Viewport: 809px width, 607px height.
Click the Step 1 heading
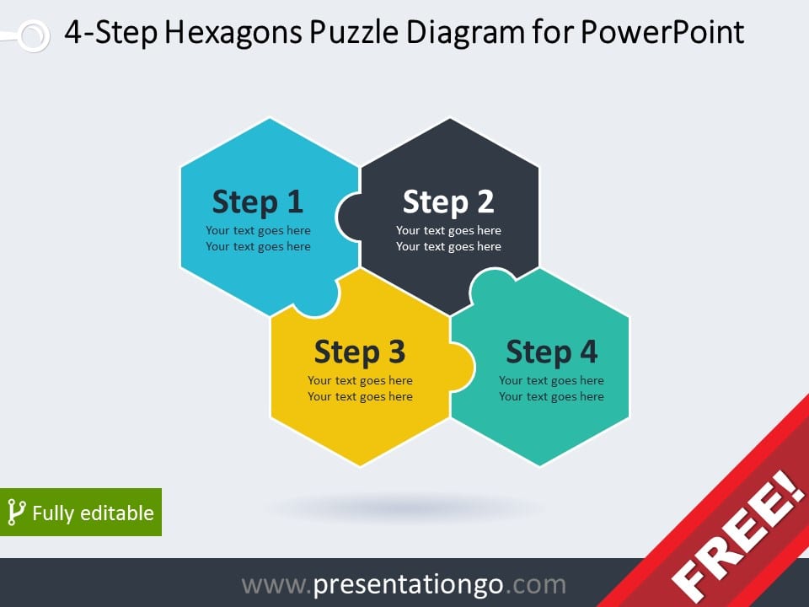(x=258, y=201)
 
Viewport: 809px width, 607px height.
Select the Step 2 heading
(x=448, y=201)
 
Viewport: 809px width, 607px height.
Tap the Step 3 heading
(x=360, y=352)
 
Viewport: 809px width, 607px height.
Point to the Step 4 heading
(x=551, y=352)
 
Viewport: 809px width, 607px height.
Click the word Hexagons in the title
(x=233, y=33)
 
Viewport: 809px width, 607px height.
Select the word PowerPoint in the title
(x=662, y=31)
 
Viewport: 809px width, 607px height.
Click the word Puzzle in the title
(x=354, y=31)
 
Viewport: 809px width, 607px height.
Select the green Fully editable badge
(x=81, y=512)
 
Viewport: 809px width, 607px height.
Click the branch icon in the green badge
(x=16, y=513)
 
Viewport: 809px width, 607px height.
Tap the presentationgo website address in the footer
(x=404, y=584)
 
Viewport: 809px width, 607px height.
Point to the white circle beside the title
(x=34, y=35)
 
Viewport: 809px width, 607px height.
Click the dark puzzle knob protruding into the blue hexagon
(x=349, y=217)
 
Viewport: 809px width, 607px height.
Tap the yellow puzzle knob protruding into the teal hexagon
(x=463, y=367)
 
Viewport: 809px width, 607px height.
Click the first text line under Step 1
(x=258, y=231)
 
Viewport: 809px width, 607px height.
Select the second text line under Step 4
(x=551, y=397)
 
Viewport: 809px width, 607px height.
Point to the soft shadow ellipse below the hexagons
(x=405, y=508)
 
